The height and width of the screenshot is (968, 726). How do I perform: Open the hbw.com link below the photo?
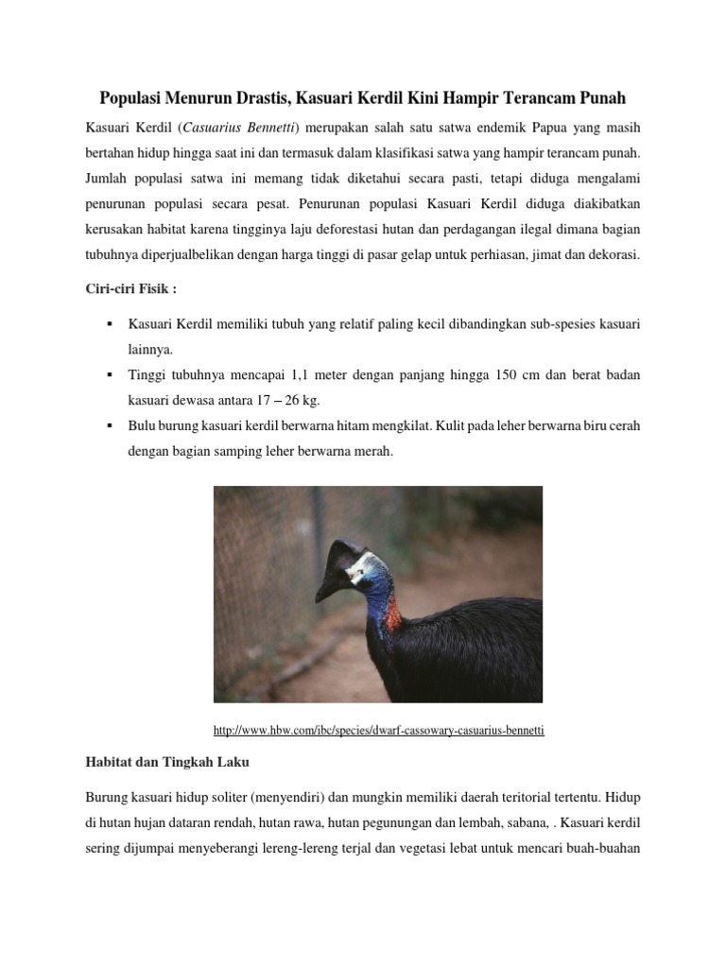click(x=379, y=731)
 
